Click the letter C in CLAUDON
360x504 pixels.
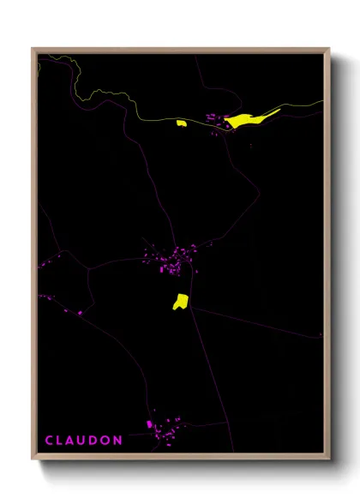[49, 440]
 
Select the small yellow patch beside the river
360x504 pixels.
[182, 123]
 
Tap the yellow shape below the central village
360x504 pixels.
[180, 301]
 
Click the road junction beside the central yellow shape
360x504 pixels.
[189, 307]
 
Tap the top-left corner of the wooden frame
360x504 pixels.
[33, 49]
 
